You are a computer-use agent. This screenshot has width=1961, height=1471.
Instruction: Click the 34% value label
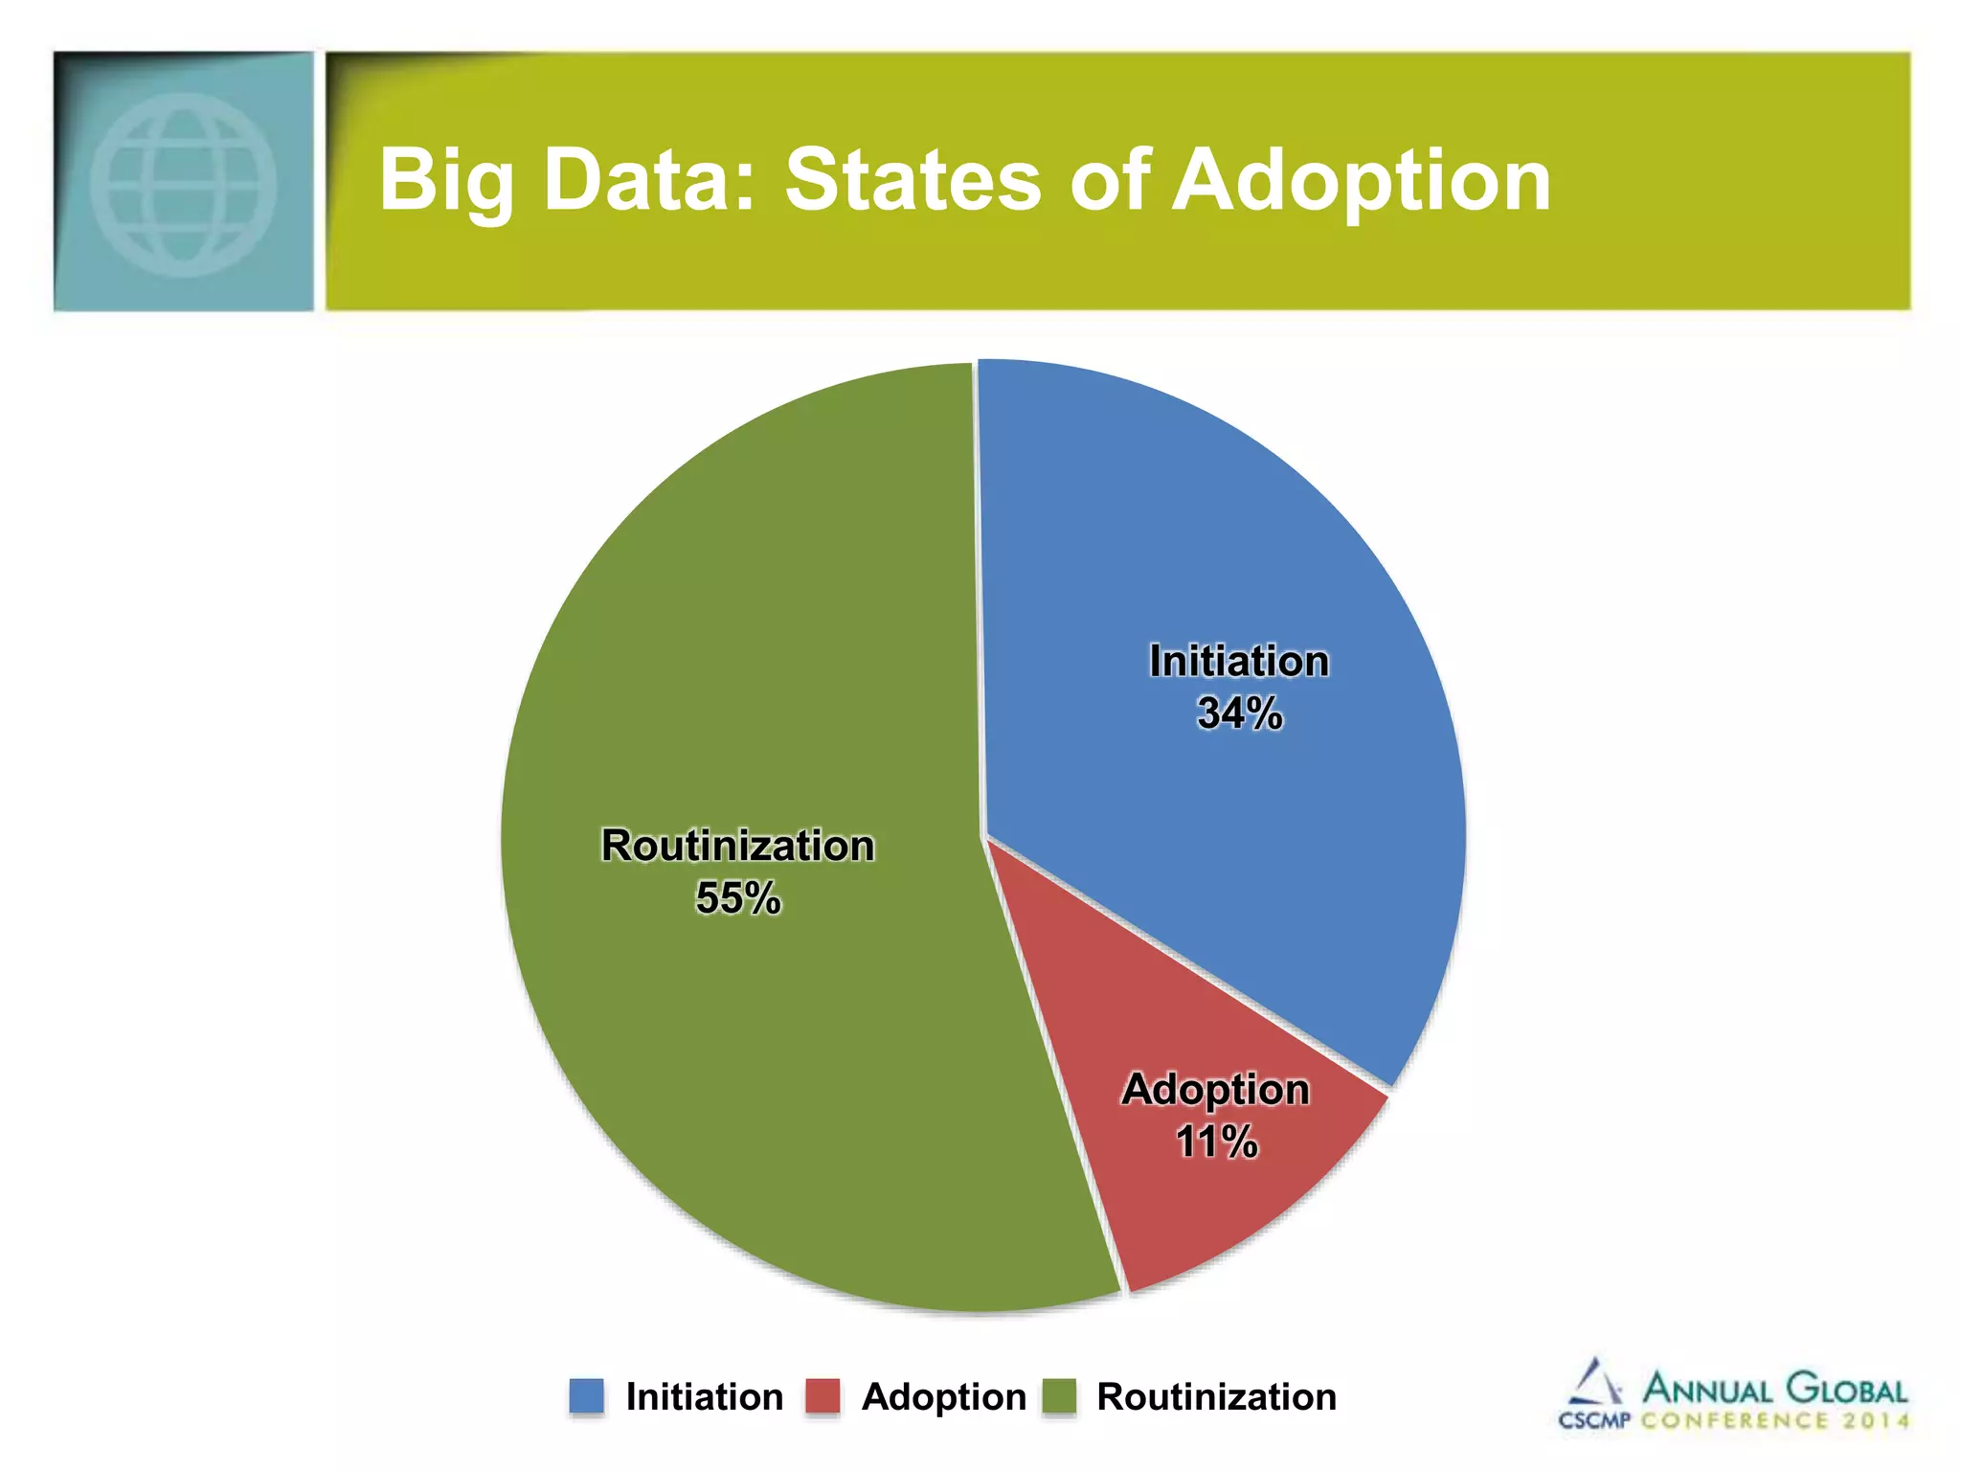tap(1239, 713)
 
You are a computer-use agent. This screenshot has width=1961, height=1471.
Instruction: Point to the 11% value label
tap(1216, 1142)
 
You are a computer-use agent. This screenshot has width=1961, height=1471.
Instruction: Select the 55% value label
tap(737, 898)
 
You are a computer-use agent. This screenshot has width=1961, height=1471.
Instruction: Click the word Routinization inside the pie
tap(737, 846)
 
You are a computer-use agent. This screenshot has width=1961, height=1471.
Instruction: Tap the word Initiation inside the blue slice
tap(1239, 662)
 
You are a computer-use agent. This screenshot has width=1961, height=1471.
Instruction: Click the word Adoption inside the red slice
tap(1215, 1090)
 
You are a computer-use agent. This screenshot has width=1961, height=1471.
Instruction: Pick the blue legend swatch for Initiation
tap(586, 1396)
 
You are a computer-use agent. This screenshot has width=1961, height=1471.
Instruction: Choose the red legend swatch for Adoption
tap(823, 1396)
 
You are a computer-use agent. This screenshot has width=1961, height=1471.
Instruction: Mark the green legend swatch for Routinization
tap(1059, 1396)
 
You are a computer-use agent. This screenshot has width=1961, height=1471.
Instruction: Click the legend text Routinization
tap(1216, 1397)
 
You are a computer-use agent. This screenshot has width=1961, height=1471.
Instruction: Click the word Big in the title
tap(446, 182)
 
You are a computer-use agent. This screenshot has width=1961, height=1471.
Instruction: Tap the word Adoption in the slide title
tap(1361, 182)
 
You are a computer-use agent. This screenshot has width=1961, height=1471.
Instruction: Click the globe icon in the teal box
tap(183, 184)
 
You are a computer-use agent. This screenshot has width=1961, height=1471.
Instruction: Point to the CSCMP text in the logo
tap(1593, 1420)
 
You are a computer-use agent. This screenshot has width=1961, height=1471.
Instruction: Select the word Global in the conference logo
tap(1847, 1390)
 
